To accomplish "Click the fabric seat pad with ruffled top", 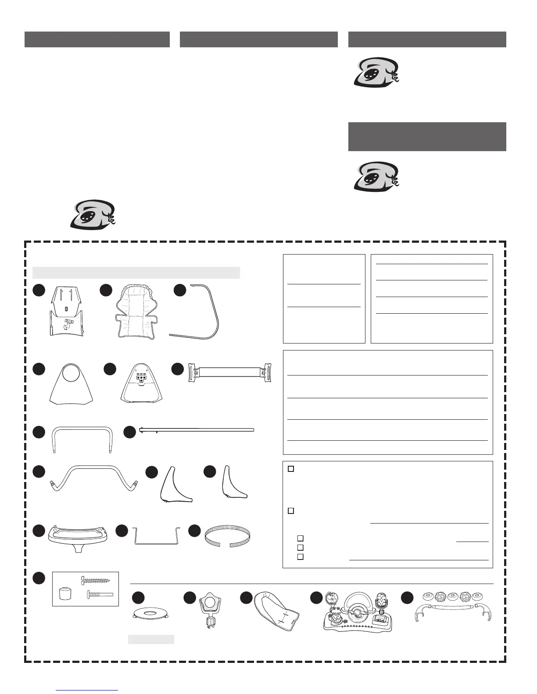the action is point(137,312).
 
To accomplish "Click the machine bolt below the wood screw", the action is point(100,595).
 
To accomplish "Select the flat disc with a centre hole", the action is point(150,613).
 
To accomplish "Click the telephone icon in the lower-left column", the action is point(93,214).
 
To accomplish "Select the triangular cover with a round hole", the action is point(71,384).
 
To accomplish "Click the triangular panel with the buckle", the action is point(140,384).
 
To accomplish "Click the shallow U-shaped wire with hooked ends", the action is point(157,537).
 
